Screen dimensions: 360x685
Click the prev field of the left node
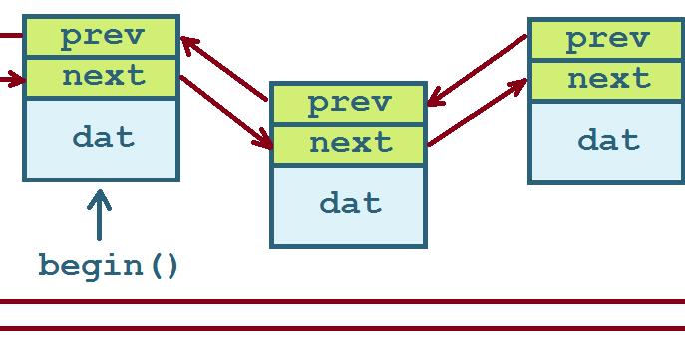102,38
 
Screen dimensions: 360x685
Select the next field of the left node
102,77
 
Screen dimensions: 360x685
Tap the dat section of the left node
102,138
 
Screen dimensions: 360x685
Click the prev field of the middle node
349,103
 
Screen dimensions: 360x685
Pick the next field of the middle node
349,143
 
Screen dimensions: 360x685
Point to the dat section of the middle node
349,204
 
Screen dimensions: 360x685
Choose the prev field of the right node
606,39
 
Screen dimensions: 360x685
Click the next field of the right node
606,80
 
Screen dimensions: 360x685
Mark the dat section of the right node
606,140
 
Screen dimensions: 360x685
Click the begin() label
109,266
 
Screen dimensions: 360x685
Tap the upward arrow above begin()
99,214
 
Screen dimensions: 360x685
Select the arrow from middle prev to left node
224,69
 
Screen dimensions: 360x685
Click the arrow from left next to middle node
225,111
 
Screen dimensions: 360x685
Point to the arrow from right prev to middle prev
478,70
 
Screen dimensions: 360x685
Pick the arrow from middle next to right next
478,113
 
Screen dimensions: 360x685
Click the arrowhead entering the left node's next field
15,76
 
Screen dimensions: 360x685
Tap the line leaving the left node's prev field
10,36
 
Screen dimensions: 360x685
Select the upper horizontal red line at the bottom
342,300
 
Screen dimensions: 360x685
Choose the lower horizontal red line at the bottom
342,327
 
